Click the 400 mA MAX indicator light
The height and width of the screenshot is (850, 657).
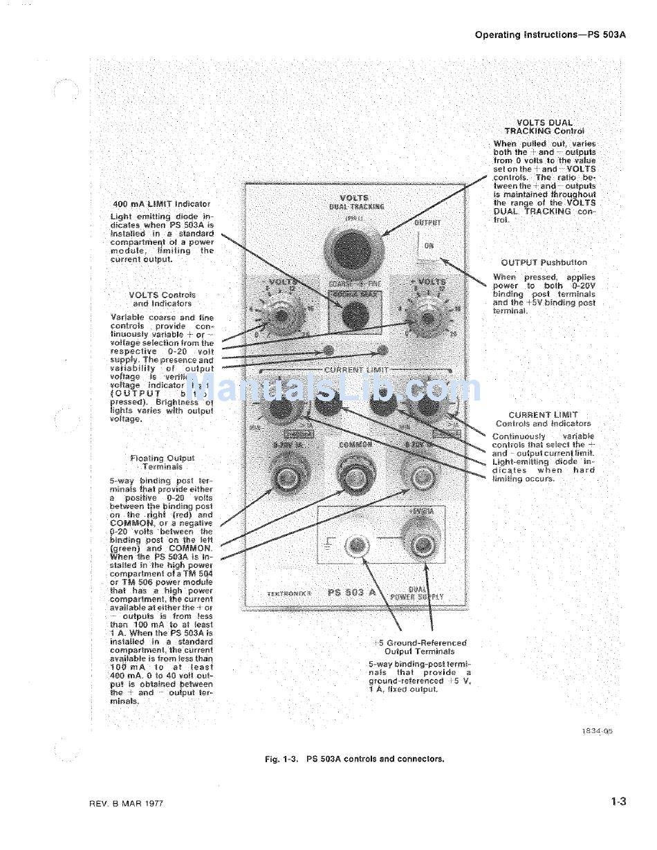click(x=355, y=315)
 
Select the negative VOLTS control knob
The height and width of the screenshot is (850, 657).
click(x=280, y=316)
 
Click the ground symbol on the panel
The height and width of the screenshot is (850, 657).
click(x=330, y=545)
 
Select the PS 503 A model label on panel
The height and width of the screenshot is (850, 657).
click(x=351, y=593)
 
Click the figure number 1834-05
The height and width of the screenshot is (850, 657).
click(x=598, y=730)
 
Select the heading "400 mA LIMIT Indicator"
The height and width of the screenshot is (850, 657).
click(x=161, y=204)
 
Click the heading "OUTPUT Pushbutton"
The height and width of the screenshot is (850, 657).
click(x=544, y=263)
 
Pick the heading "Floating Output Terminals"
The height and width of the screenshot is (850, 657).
click(x=163, y=462)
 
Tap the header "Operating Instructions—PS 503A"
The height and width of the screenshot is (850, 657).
click(x=550, y=35)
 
